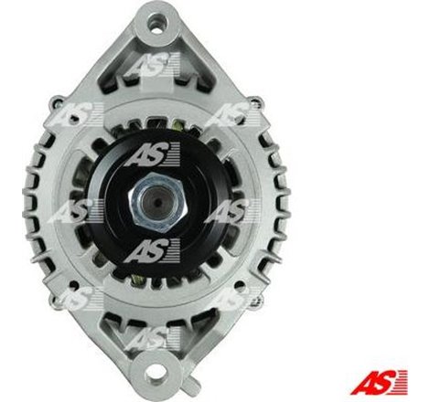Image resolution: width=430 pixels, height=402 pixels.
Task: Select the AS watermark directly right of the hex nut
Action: pyautogui.click(x=226, y=212)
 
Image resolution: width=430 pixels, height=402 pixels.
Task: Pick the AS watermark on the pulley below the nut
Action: pyautogui.click(x=147, y=249)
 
